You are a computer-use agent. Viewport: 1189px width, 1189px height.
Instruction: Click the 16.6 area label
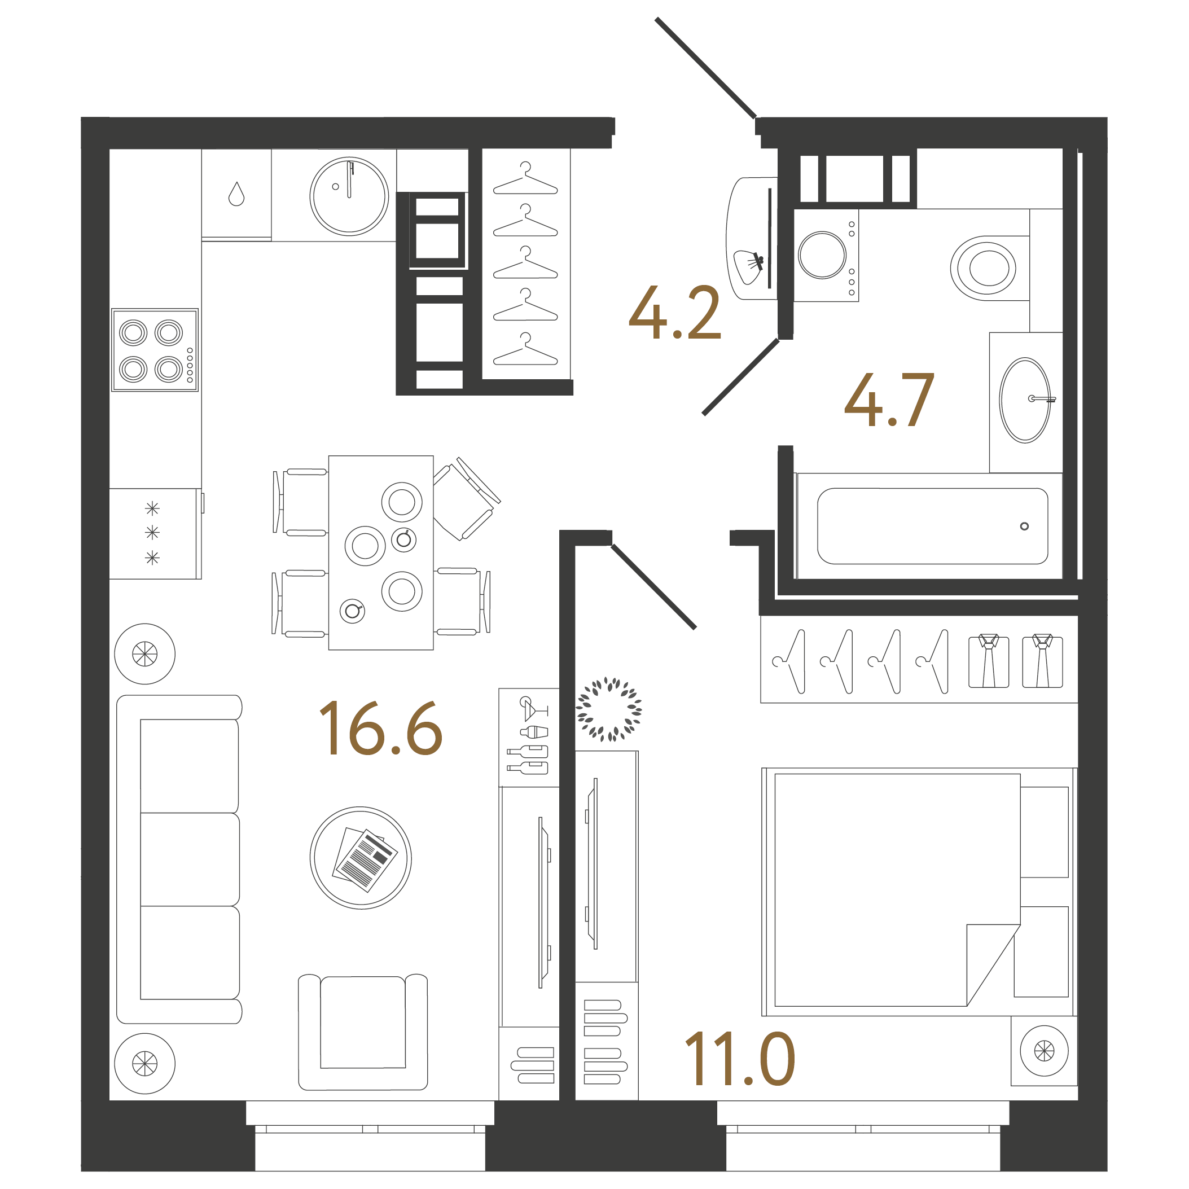(380, 729)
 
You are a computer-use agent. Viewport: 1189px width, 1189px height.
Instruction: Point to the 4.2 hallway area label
(674, 312)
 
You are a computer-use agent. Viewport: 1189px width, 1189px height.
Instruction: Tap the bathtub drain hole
(1024, 526)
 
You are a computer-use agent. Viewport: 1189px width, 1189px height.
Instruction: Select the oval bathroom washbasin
(1025, 400)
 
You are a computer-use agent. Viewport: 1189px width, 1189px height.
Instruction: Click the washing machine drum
(822, 255)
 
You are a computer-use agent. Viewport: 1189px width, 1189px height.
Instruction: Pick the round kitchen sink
(349, 196)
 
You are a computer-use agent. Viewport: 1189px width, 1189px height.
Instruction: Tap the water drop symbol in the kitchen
(236, 194)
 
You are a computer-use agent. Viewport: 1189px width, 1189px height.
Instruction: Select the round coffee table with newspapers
(361, 858)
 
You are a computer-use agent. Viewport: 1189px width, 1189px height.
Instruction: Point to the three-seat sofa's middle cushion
(190, 859)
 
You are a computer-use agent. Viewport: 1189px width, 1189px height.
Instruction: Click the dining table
(381, 552)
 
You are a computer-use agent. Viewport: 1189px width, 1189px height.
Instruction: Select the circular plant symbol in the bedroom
(609, 709)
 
